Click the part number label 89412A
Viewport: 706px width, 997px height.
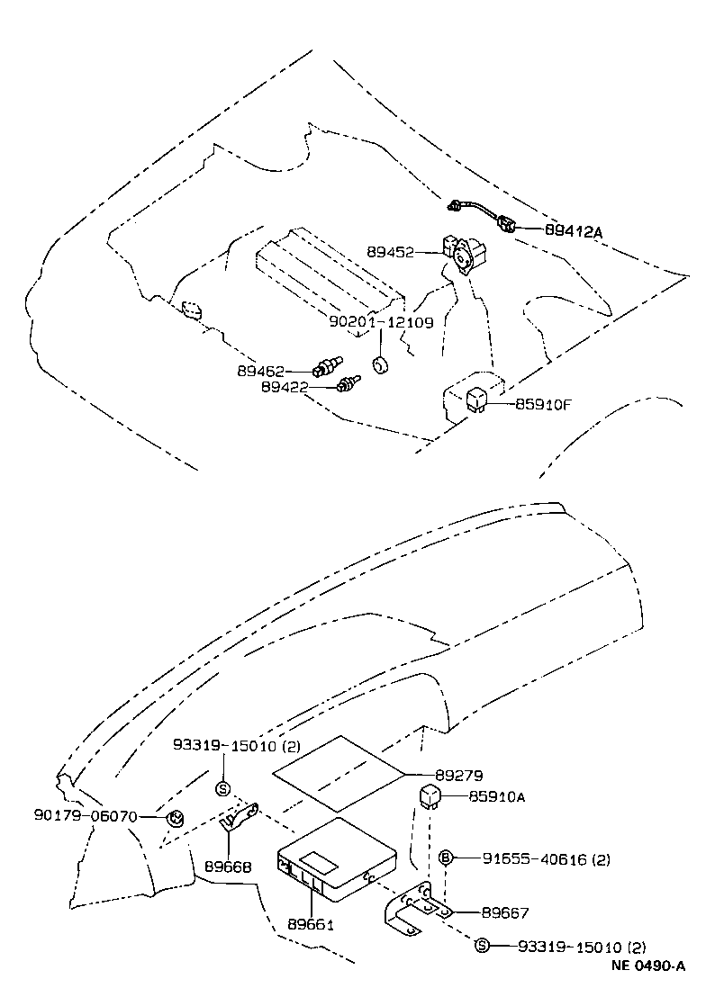pyautogui.click(x=573, y=230)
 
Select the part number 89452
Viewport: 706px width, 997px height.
pyautogui.click(x=390, y=253)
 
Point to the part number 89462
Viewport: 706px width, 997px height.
pyautogui.click(x=261, y=370)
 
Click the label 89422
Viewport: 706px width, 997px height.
pyautogui.click(x=285, y=387)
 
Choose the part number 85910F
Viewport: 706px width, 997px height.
pyautogui.click(x=543, y=404)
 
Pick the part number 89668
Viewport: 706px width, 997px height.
pyautogui.click(x=231, y=867)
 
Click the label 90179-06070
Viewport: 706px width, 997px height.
pyautogui.click(x=86, y=816)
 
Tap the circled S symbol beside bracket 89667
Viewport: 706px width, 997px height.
pyautogui.click(x=482, y=946)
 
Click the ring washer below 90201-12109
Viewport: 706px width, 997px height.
pyautogui.click(x=381, y=365)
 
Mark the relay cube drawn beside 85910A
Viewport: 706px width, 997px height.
pyautogui.click(x=429, y=795)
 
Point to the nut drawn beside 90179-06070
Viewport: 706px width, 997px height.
pyautogui.click(x=176, y=817)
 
